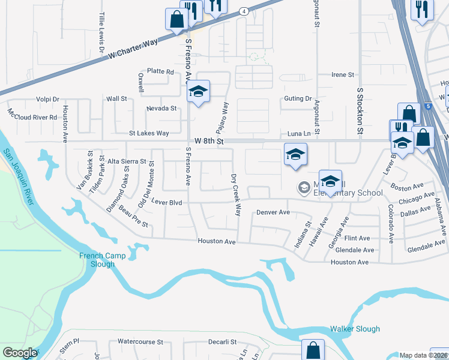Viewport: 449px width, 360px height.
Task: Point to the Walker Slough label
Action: tap(355, 329)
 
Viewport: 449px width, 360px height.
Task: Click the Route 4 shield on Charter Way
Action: tap(244, 11)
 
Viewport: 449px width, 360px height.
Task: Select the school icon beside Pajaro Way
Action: tap(198, 92)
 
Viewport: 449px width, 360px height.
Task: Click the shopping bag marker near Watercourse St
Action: tap(313, 349)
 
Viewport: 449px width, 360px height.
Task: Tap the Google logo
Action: tap(20, 353)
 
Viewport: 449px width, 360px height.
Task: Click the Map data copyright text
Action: tap(423, 355)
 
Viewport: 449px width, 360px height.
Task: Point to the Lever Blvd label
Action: tap(166, 203)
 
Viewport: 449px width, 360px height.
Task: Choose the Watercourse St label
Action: tap(140, 341)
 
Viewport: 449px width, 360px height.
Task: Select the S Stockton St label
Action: tap(360, 111)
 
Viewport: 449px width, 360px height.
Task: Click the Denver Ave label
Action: tap(273, 212)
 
